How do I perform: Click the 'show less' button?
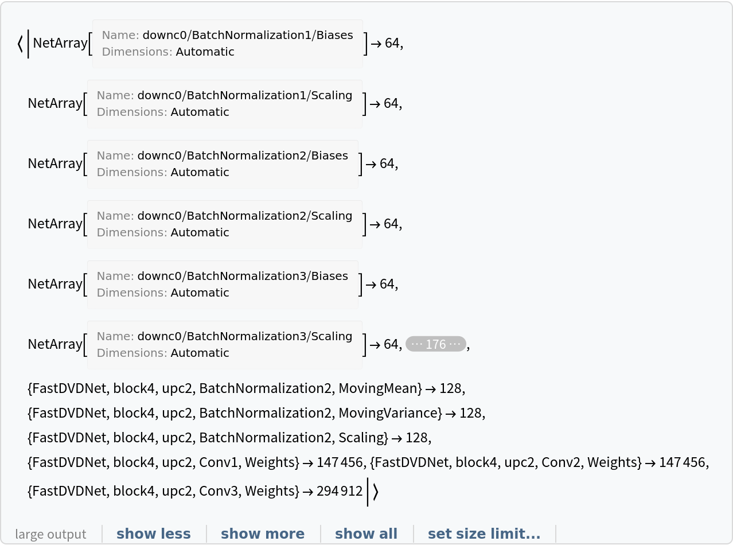[153, 534]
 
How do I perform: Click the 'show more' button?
[263, 534]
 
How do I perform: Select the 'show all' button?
[366, 534]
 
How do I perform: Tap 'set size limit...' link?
[484, 534]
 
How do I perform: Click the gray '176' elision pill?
[436, 344]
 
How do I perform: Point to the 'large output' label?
[50, 534]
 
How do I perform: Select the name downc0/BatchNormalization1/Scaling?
[245, 96]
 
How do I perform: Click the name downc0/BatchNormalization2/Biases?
[243, 156]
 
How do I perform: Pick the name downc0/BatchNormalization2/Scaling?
[245, 216]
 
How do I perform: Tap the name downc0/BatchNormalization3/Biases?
[243, 277]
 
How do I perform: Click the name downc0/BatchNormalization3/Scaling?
[245, 337]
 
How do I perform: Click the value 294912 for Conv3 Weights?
[340, 491]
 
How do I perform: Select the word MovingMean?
[379, 388]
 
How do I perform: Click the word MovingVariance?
[388, 413]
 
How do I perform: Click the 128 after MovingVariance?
[471, 413]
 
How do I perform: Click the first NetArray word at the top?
[60, 43]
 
